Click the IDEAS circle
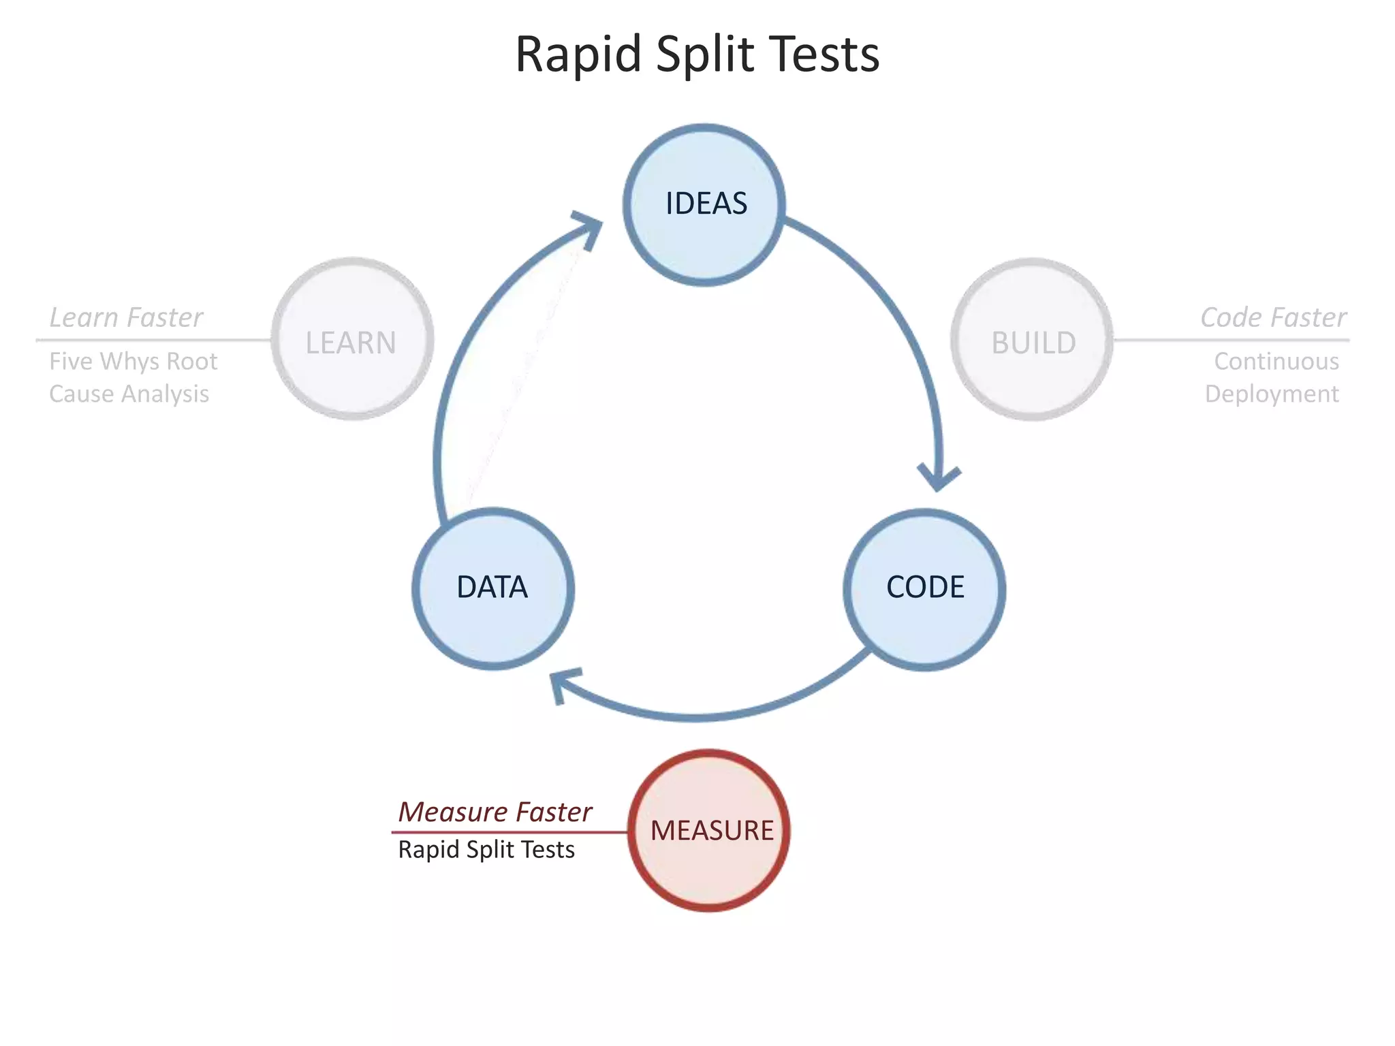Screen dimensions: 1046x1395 point(705,204)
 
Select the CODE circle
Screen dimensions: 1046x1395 point(924,588)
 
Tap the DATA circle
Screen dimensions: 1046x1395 point(492,588)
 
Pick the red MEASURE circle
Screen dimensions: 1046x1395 point(710,830)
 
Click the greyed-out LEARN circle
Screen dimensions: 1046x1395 point(352,339)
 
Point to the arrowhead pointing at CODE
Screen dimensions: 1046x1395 point(939,477)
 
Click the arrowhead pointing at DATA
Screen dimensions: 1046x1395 point(562,684)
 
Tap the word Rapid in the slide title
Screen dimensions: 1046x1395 point(578,54)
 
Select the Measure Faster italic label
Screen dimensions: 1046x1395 point(495,812)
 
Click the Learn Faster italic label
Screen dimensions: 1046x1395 point(126,317)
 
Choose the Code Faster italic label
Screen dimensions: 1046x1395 point(1273,317)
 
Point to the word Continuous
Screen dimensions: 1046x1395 point(1276,361)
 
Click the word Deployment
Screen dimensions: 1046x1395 point(1272,394)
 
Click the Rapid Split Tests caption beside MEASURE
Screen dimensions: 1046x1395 point(486,850)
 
